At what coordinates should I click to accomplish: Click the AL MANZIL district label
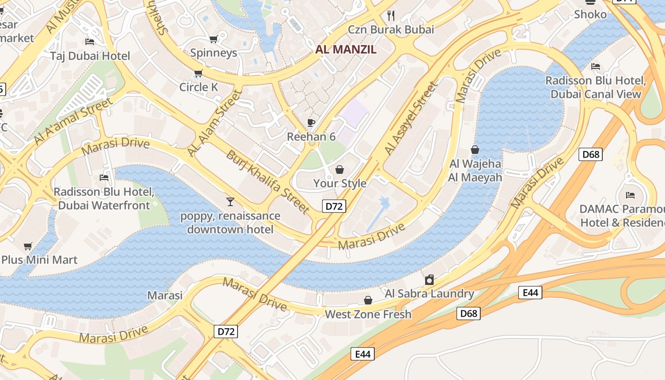tap(346, 49)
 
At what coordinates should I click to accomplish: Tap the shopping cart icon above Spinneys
tap(214, 39)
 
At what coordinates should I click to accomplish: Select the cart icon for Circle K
tap(199, 73)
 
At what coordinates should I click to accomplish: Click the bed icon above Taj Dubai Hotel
tap(90, 42)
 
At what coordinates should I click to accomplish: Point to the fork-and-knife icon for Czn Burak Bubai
tap(391, 15)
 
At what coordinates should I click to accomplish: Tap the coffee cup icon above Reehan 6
tap(311, 123)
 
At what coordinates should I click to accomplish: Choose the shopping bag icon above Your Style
tap(340, 169)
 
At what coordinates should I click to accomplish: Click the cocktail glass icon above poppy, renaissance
tap(230, 202)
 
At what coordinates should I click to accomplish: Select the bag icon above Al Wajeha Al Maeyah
tap(475, 150)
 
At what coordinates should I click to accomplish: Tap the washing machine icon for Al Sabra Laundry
tap(429, 279)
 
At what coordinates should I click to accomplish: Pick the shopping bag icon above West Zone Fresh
tap(368, 300)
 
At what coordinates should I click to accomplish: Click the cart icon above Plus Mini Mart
tap(28, 246)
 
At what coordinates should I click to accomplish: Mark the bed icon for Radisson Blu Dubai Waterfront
tap(104, 178)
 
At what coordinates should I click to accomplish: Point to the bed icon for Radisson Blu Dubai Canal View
tap(596, 66)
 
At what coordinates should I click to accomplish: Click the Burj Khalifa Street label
tap(268, 181)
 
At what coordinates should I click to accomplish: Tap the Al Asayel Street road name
tap(410, 118)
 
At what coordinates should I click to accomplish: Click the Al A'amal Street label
tap(74, 122)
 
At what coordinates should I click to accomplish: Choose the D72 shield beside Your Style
tap(334, 206)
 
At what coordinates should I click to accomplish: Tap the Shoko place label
tap(590, 14)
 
